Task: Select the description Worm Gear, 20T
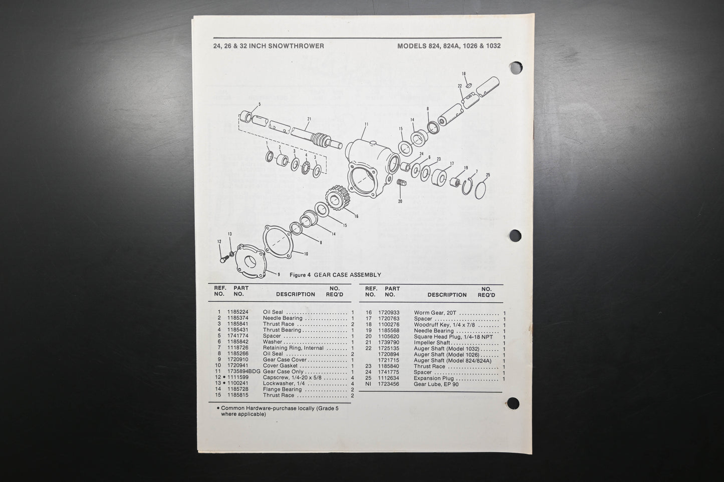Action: pyautogui.click(x=434, y=312)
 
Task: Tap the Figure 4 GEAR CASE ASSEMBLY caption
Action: pyautogui.click(x=335, y=275)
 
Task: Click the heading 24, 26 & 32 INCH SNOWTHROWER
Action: pyautogui.click(x=269, y=46)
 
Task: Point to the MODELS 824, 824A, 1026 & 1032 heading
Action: pyautogui.click(x=449, y=46)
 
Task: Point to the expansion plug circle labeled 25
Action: pyautogui.click(x=480, y=191)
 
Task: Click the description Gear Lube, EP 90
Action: pyautogui.click(x=436, y=384)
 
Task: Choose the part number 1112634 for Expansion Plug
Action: pyautogui.click(x=389, y=378)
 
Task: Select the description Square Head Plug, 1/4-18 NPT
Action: pyautogui.click(x=453, y=336)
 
